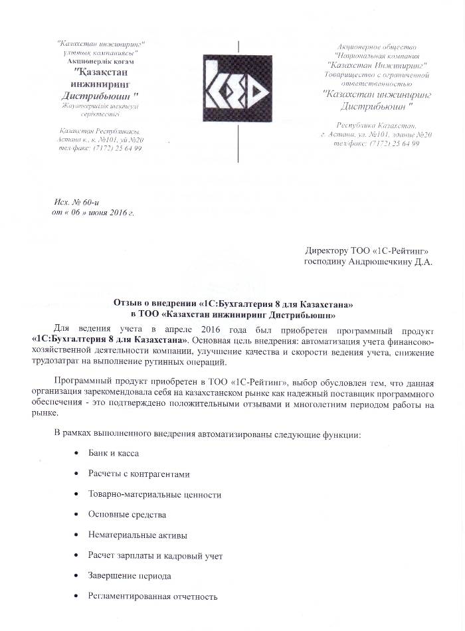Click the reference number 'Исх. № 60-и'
point(76,201)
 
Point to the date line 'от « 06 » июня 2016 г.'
point(93,213)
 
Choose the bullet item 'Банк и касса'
point(114,454)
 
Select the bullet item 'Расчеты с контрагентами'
point(139,474)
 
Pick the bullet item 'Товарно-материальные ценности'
point(155,495)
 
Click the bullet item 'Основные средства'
point(127,515)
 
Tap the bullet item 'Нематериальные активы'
point(138,535)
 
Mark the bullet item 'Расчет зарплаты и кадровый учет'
point(155,555)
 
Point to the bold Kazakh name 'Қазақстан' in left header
point(99,72)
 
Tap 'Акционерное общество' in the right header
point(376,48)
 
